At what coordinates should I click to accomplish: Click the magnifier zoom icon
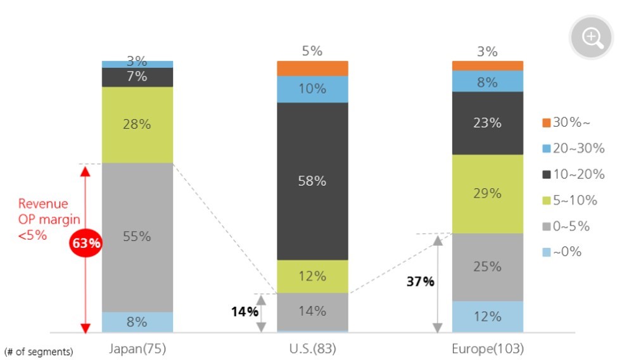pos(592,37)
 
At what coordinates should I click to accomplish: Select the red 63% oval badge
pos(86,243)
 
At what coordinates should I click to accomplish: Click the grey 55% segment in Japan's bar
pos(137,237)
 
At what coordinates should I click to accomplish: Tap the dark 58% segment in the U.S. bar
pos(312,181)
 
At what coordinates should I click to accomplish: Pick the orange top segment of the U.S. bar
pos(312,68)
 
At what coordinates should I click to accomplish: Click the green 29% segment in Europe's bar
pos(487,194)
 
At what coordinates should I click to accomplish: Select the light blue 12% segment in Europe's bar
pos(487,316)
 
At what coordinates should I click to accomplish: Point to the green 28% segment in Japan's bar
pos(137,125)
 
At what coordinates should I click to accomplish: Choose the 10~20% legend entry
pos(569,174)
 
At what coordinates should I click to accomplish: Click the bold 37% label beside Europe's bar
pos(420,281)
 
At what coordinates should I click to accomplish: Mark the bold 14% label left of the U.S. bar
pos(244,311)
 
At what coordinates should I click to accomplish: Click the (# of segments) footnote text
pos(39,350)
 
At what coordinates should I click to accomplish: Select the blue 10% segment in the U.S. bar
pos(312,89)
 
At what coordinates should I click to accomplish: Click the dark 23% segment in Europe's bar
pos(487,123)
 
